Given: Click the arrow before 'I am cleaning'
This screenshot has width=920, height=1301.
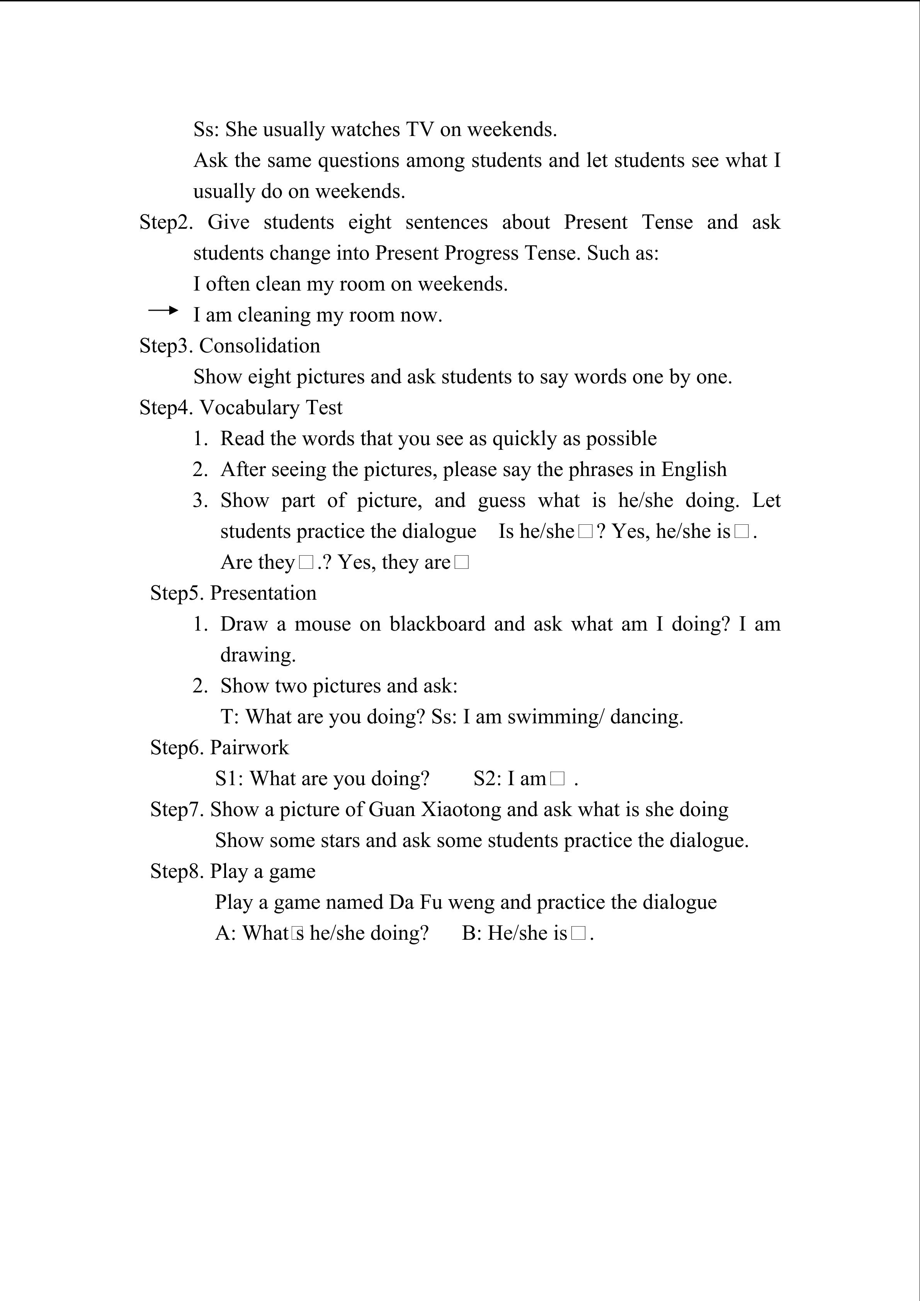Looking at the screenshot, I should coord(163,310).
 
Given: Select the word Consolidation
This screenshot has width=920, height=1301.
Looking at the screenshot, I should coord(259,346).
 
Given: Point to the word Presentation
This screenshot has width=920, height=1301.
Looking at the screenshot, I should coord(263,593).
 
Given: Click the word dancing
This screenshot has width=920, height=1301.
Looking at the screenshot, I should coord(646,717).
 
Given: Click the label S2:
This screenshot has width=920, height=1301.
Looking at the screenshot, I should coord(487,779).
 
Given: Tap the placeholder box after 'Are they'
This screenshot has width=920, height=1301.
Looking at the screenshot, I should coord(306,563).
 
